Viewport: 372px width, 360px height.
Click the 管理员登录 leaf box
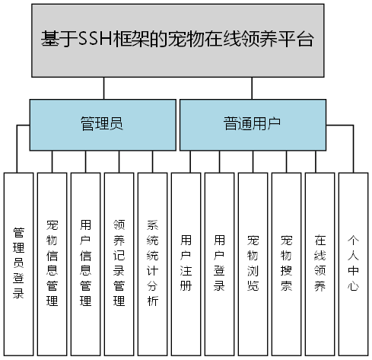(19, 263)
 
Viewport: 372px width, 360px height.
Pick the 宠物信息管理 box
(52, 263)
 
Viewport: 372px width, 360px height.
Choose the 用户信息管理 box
(86, 263)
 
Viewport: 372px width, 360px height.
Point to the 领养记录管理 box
(119, 263)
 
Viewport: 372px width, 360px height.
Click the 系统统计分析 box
(153, 263)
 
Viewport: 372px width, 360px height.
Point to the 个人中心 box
(353, 263)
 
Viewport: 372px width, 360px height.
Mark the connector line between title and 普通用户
(253, 88)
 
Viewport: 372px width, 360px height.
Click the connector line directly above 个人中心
(353, 161)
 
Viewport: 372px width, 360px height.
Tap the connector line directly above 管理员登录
(19, 161)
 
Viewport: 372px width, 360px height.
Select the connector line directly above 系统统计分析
(153, 161)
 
